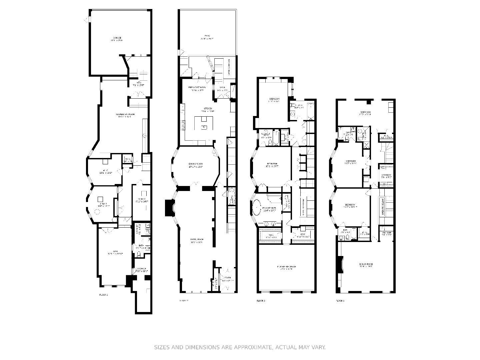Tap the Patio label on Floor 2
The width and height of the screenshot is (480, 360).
pyautogui.click(x=207, y=37)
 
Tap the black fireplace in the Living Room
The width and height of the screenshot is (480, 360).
pyautogui.click(x=170, y=208)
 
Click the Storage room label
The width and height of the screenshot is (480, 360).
pyautogui.click(x=141, y=270)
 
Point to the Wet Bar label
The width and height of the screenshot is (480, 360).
pyautogui.click(x=387, y=234)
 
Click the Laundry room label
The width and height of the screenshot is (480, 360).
pyautogui.click(x=386, y=176)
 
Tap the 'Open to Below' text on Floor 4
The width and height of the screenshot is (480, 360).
pyautogui.click(x=383, y=206)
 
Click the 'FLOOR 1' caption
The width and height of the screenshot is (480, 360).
pyautogui.click(x=104, y=295)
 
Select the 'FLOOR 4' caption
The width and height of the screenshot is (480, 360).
pyautogui.click(x=340, y=301)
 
